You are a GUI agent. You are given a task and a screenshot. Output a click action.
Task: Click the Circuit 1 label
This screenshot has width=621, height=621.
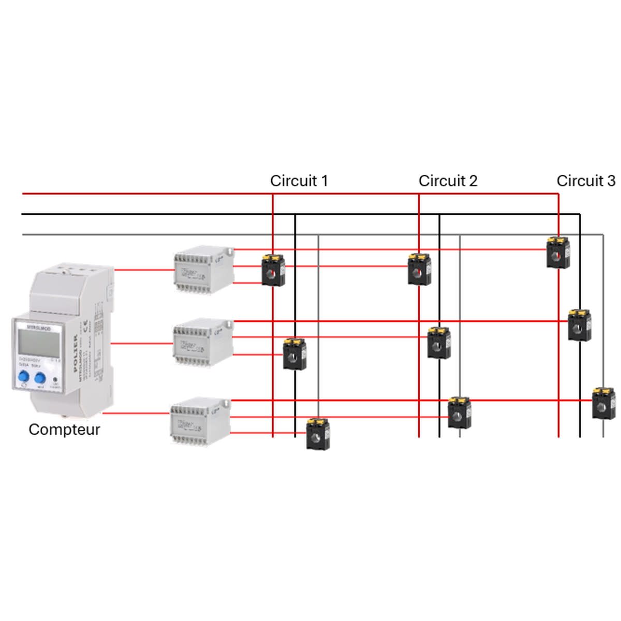(299, 181)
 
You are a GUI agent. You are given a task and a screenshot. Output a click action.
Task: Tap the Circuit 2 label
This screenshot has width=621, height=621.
(448, 181)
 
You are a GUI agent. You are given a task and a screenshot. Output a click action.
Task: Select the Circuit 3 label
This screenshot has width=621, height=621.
(586, 181)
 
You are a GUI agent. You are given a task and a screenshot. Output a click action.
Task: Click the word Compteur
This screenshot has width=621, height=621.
(64, 430)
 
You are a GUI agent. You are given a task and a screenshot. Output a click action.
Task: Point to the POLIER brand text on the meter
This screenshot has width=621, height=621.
(75, 353)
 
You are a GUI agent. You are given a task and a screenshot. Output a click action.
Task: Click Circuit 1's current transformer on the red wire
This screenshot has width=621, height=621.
(273, 270)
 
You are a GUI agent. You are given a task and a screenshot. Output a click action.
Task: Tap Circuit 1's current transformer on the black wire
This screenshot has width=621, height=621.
(294, 353)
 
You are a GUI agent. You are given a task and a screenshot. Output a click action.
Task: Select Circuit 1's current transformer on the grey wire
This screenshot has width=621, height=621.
(318, 434)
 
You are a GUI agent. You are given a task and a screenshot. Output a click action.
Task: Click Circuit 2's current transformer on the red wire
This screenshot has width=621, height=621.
(419, 269)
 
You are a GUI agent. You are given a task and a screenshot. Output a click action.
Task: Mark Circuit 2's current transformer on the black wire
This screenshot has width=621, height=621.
(439, 343)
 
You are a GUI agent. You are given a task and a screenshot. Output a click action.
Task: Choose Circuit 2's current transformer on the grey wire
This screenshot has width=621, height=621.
(459, 412)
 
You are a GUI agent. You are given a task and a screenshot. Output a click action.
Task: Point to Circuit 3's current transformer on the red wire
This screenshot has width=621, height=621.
(558, 253)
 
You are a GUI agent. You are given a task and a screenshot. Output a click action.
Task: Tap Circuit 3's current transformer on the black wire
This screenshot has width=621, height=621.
(580, 325)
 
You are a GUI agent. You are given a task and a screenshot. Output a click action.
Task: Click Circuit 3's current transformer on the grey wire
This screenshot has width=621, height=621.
(603, 403)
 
